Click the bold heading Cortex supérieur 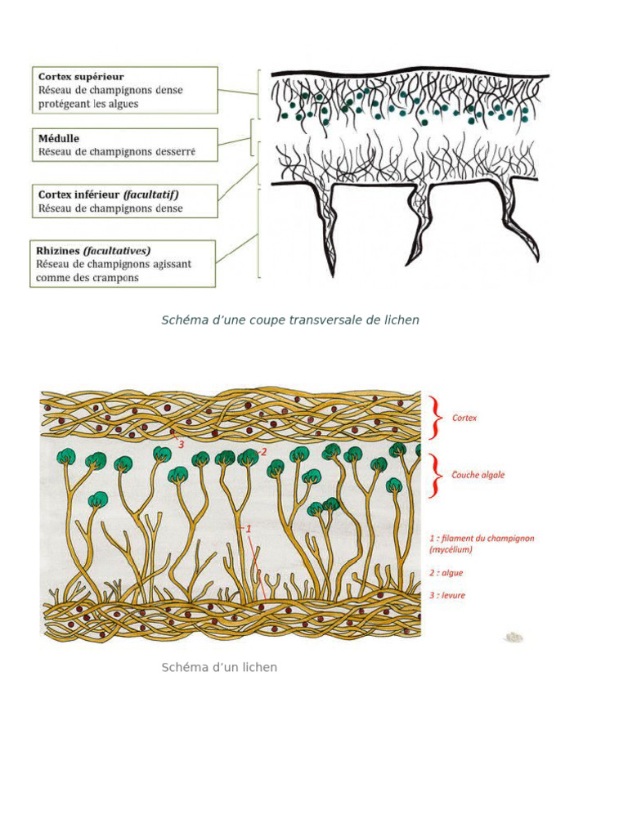(81, 77)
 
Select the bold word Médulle (58, 138)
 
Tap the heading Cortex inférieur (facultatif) (108, 195)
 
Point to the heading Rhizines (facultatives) (93, 250)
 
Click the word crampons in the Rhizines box (116, 278)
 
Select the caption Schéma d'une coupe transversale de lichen (290, 320)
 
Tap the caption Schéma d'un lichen (219, 668)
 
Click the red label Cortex (464, 418)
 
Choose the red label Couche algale (478, 475)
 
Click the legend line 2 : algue (446, 573)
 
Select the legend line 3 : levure (447, 595)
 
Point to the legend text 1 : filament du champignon (482, 539)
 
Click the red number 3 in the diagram (181, 444)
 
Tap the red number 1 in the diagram (249, 529)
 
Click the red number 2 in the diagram (263, 450)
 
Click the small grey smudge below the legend (514, 636)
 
